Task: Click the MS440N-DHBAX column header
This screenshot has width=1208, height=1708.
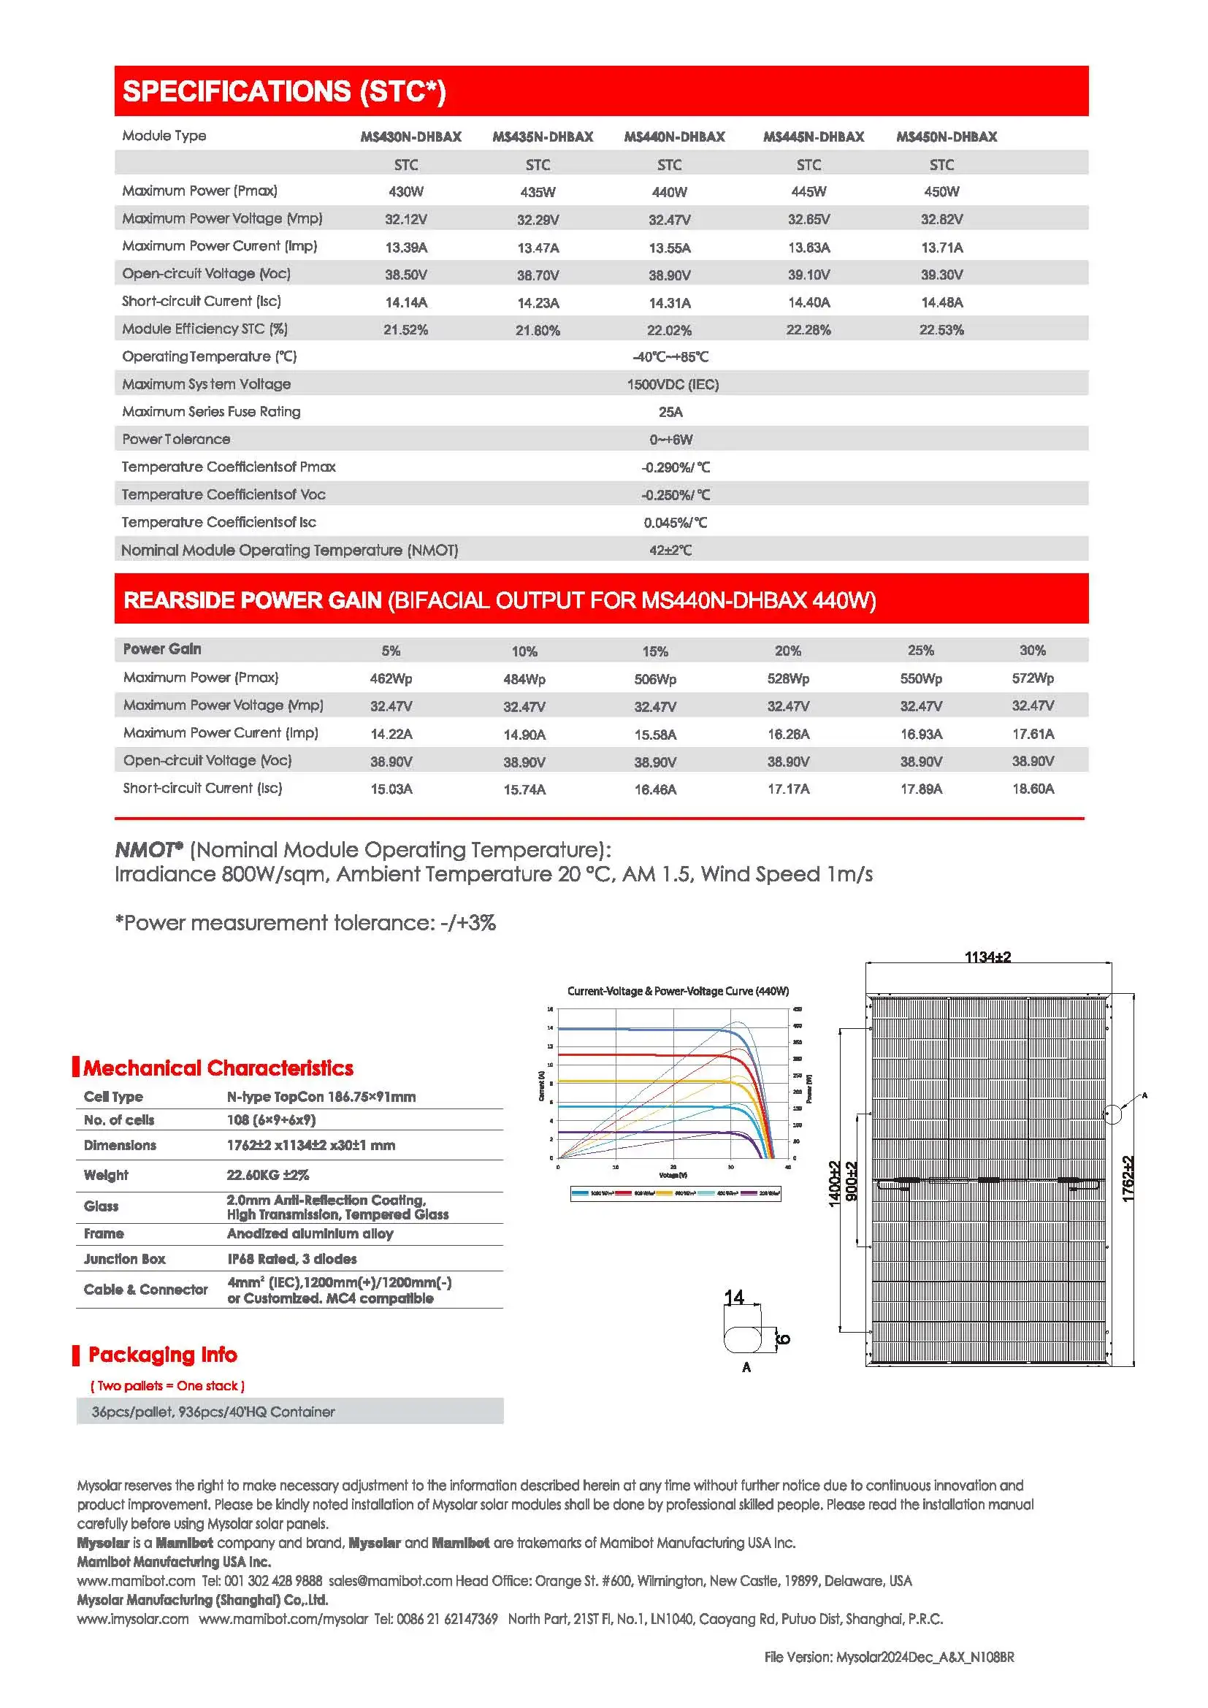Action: (674, 137)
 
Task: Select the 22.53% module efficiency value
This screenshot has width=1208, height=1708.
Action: (941, 329)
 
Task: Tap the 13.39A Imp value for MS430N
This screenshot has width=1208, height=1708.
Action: (405, 247)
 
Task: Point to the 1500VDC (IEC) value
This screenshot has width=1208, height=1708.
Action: (673, 385)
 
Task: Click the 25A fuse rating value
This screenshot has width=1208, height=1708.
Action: (670, 412)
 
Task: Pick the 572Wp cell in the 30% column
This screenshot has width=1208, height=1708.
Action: (1033, 678)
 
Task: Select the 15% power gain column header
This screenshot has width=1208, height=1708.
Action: (654, 651)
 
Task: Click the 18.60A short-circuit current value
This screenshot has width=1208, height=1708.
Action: (1033, 789)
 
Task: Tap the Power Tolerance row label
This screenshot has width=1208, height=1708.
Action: (176, 440)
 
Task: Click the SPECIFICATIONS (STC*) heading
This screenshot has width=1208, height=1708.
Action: (284, 91)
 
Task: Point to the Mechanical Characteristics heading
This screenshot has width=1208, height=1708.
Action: (218, 1068)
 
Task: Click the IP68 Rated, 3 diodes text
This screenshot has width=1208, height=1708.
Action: (291, 1259)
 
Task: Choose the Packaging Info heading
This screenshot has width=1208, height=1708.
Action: (162, 1355)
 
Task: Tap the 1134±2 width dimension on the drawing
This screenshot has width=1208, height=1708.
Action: (987, 957)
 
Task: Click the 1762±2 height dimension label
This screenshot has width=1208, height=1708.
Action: (1128, 1179)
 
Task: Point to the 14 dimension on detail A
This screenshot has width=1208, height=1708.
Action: (733, 1298)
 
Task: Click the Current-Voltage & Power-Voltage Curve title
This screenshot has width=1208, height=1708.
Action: (678, 991)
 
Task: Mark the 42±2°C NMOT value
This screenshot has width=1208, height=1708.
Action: (670, 551)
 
